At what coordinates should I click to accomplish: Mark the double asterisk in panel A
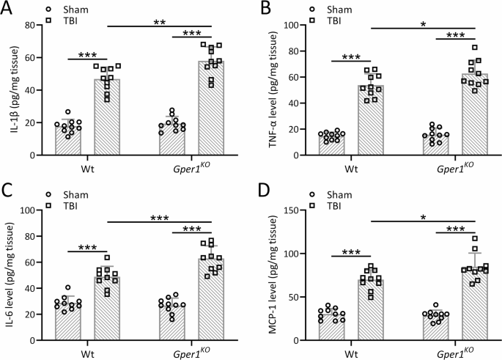[x=160, y=23]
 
